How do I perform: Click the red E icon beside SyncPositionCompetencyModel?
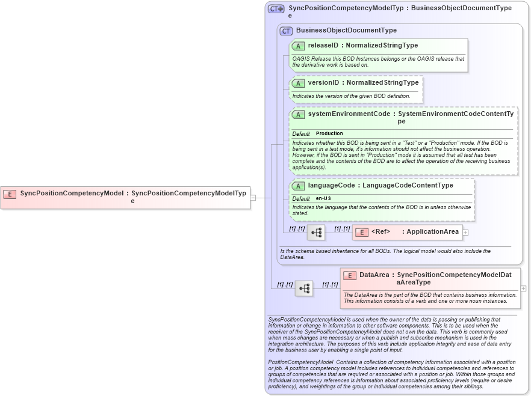pyautogui.click(x=10, y=193)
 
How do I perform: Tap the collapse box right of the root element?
pyautogui.click(x=253, y=197)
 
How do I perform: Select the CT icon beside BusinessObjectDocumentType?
pyautogui.click(x=286, y=31)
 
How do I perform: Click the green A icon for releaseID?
pyautogui.click(x=298, y=46)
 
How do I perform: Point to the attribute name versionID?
pyautogui.click(x=323, y=82)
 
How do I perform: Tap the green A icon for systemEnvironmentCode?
pyautogui.click(x=298, y=114)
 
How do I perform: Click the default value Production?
pyautogui.click(x=329, y=133)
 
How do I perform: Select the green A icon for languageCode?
pyautogui.click(x=298, y=186)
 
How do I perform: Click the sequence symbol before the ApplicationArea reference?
pyautogui.click(x=316, y=232)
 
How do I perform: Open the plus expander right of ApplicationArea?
pyautogui.click(x=466, y=232)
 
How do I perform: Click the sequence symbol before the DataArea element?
pyautogui.click(x=304, y=288)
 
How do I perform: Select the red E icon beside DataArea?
pyautogui.click(x=350, y=275)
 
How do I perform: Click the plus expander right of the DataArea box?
pyautogui.click(x=523, y=288)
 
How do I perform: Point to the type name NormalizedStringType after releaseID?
pyautogui.click(x=382, y=46)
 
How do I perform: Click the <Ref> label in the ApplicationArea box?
pyautogui.click(x=380, y=232)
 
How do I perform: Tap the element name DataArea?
pyautogui.click(x=374, y=275)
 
